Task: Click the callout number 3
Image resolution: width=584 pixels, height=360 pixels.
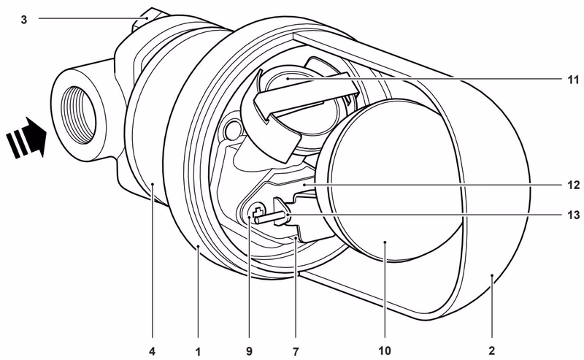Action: pos(24,20)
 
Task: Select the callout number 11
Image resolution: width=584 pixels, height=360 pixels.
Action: pos(573,80)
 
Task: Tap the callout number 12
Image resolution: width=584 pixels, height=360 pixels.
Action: pos(573,185)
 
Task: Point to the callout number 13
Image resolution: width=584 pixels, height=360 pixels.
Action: pos(573,215)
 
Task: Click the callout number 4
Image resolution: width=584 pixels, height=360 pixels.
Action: pos(152,351)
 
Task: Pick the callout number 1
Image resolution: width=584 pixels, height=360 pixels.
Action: pos(198,351)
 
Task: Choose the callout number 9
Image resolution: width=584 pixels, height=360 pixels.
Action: pos(249,351)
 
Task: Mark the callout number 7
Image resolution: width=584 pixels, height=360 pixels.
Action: pos(296,351)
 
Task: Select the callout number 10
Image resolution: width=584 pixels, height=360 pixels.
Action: pos(385,351)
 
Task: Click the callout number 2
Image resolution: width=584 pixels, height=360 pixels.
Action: pos(491,351)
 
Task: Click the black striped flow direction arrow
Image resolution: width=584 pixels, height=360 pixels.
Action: pos(27,137)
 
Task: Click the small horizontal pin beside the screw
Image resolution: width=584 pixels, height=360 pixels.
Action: pos(272,218)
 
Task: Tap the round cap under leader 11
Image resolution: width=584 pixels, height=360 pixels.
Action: pos(287,80)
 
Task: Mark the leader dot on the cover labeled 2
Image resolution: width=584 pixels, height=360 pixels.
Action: pos(492,275)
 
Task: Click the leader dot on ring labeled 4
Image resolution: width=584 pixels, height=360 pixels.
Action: pos(153,183)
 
